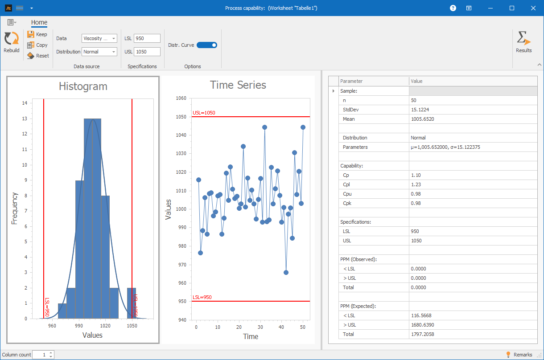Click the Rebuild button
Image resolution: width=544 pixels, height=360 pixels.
(x=12, y=42)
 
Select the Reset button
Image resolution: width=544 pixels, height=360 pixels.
(x=38, y=56)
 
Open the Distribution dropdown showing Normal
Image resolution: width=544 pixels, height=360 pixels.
(x=99, y=52)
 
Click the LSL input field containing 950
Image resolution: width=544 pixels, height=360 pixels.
(x=147, y=38)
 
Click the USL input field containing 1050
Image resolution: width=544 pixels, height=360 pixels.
(x=147, y=52)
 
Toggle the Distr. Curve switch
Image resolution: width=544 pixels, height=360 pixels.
(x=207, y=45)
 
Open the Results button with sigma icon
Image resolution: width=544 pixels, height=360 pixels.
(x=523, y=42)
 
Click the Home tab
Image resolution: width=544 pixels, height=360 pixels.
(x=39, y=23)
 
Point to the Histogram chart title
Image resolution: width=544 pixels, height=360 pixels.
(x=83, y=86)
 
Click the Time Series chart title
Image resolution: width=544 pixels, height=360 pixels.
(x=238, y=85)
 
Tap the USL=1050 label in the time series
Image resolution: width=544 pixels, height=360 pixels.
(x=204, y=113)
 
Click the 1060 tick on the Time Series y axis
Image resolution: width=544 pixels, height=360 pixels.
(x=181, y=98)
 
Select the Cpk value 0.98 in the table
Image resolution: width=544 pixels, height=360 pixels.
(x=416, y=203)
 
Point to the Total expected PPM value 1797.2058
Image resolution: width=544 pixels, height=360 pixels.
(x=422, y=334)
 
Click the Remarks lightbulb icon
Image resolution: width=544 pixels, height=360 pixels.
(x=508, y=355)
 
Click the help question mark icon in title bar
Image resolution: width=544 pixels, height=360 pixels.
(x=453, y=8)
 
